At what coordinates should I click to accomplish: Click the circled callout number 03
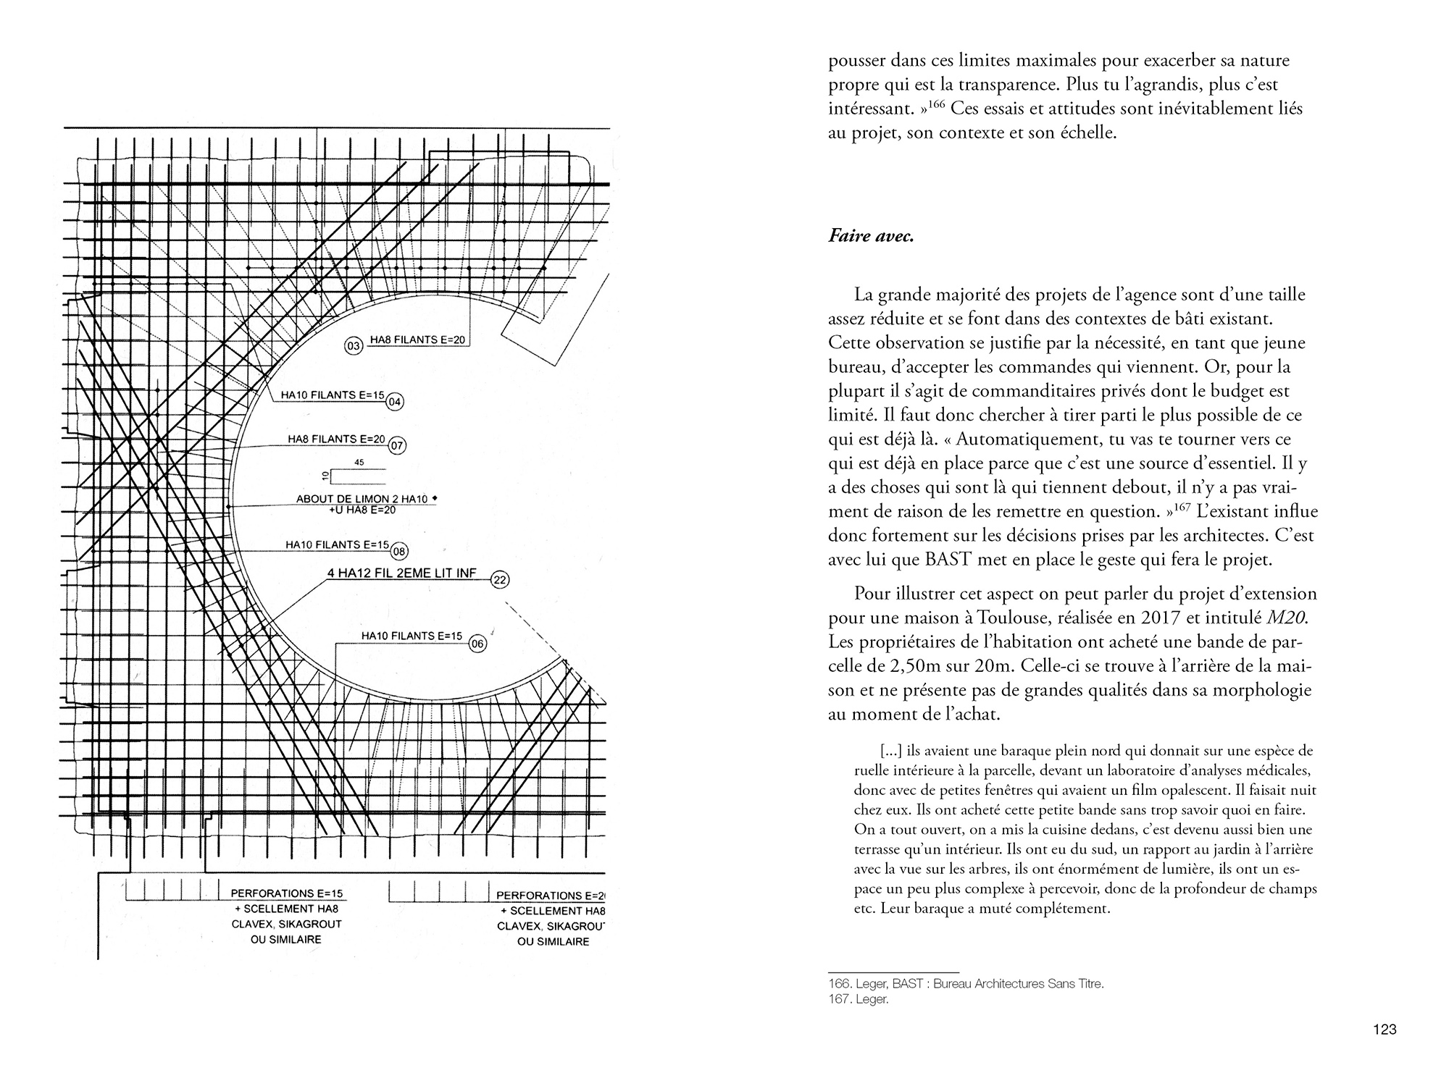click(354, 347)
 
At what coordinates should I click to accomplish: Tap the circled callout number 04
click(394, 402)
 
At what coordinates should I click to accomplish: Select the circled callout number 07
click(396, 445)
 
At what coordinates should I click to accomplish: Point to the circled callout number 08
click(399, 551)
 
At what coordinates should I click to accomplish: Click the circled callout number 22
click(500, 579)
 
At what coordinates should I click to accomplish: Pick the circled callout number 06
click(476, 644)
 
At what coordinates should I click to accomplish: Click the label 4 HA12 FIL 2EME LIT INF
click(401, 573)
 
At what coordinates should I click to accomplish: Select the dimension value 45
click(359, 462)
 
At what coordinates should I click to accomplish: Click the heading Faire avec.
click(871, 236)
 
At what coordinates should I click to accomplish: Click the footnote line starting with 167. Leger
click(858, 1000)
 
